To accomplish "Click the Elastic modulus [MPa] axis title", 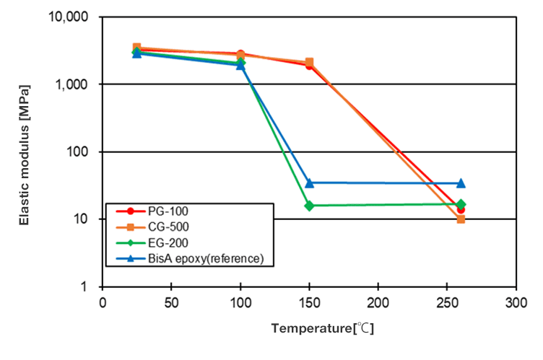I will (25, 155).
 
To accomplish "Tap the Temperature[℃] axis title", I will (322, 329).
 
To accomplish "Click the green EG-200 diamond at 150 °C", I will (309, 206).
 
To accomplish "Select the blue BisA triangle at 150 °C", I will (309, 183).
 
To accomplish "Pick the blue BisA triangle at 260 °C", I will (461, 183).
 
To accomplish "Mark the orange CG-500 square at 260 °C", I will (461, 219).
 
